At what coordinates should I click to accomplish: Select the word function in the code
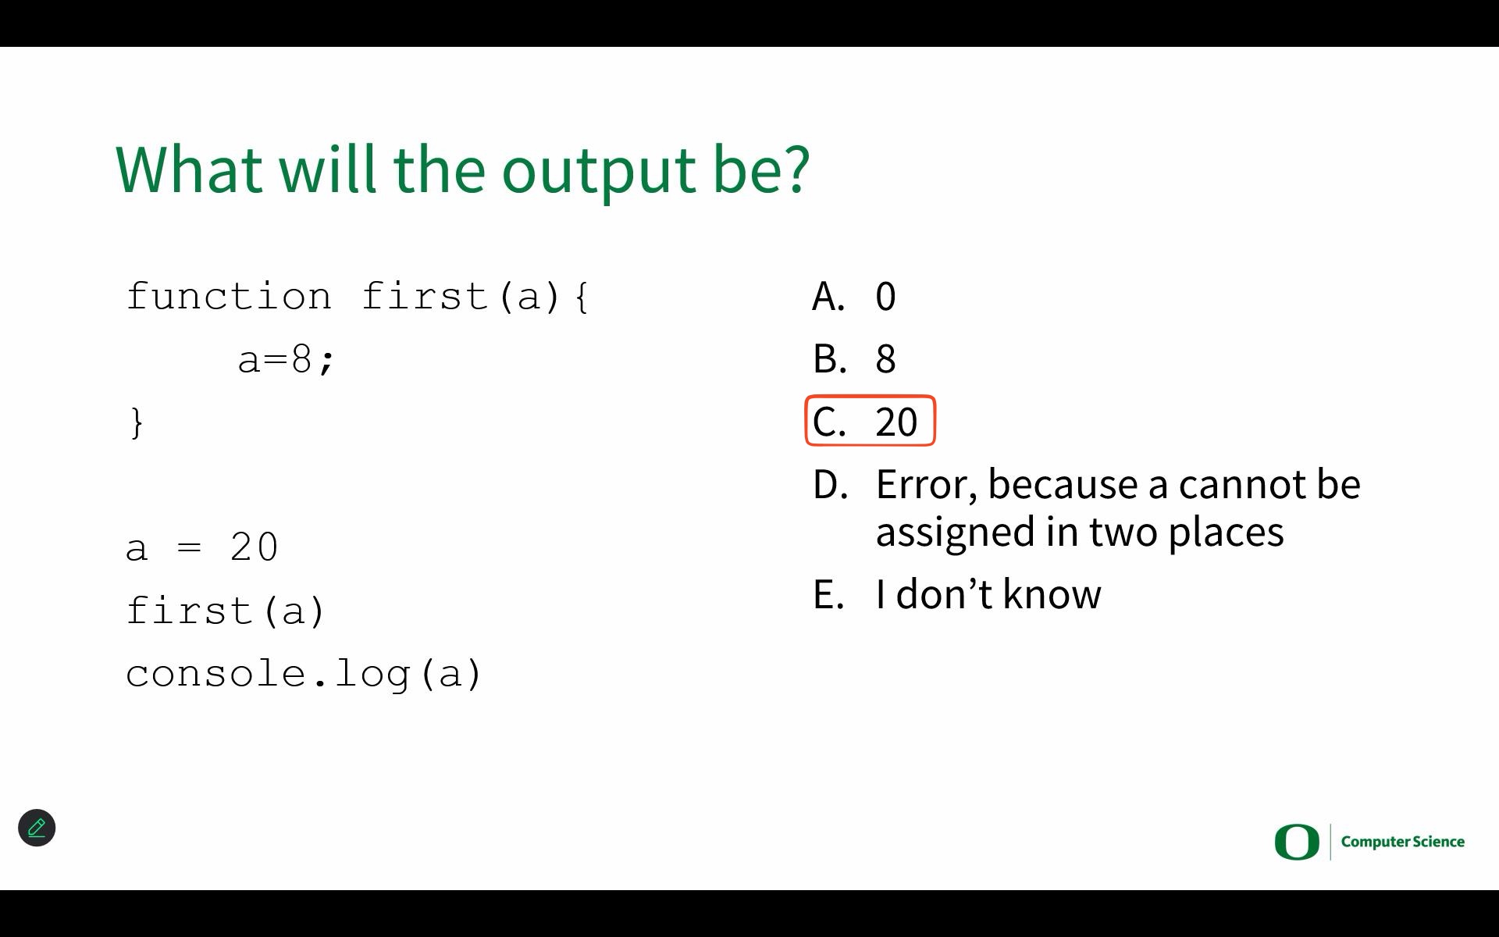click(x=229, y=296)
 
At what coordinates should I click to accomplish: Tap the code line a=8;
click(x=286, y=360)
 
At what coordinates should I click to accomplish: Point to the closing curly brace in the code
click(x=137, y=423)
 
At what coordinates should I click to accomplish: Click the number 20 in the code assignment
click(x=255, y=547)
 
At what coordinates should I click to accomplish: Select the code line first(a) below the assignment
click(x=225, y=611)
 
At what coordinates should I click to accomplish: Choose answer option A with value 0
click(x=854, y=297)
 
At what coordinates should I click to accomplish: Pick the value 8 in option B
click(x=885, y=359)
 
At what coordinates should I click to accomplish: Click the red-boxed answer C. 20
click(x=870, y=421)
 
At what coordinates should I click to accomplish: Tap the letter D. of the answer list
click(x=830, y=485)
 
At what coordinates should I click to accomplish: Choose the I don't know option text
click(x=988, y=594)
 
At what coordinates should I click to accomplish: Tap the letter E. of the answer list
click(x=828, y=594)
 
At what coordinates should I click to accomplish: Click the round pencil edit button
click(x=37, y=828)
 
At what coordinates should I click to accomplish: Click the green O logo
click(x=1297, y=842)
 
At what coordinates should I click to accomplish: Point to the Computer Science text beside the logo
click(x=1403, y=842)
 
